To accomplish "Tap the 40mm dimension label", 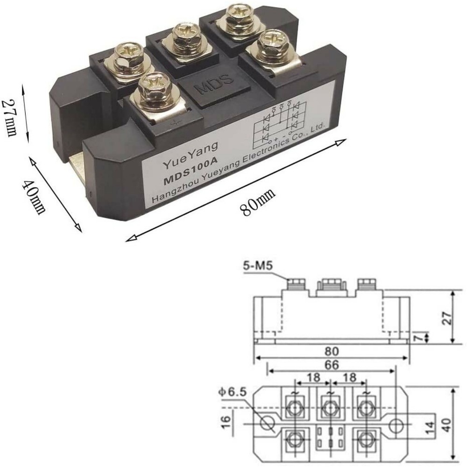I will click(36, 196).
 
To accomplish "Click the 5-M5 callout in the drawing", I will click(258, 267).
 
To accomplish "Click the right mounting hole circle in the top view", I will click(396, 425).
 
